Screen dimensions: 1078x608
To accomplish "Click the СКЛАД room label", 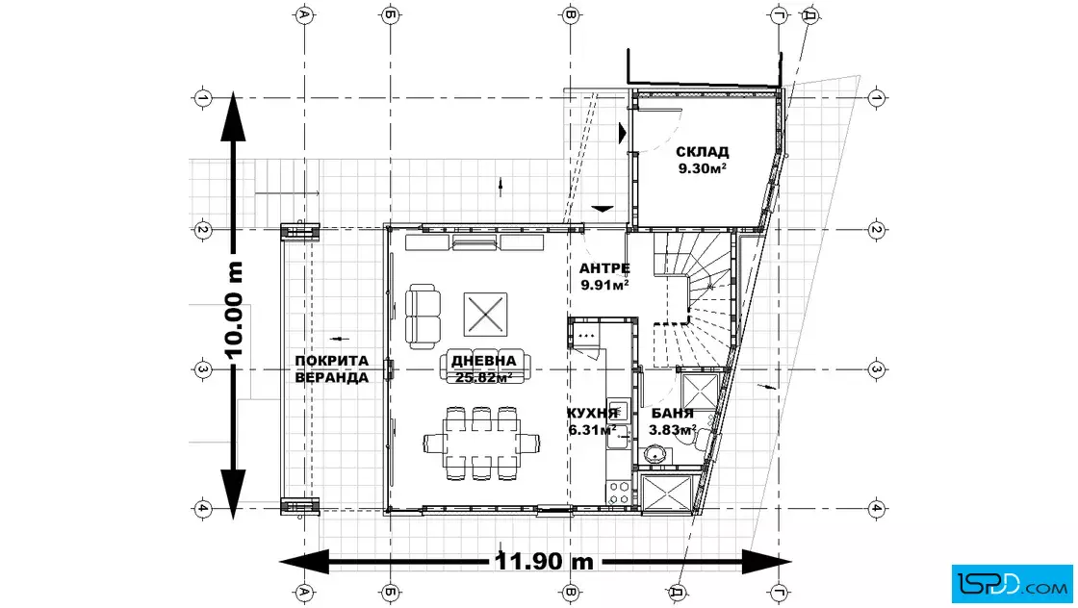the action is coord(702,152).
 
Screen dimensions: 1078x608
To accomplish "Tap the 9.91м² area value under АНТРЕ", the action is coord(605,285).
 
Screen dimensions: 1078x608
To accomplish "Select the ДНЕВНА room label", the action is coord(483,362).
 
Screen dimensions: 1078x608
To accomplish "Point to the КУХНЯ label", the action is coord(592,413).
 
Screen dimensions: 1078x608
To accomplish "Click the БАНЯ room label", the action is coord(673,414).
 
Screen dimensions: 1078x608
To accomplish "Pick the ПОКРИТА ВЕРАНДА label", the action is coord(332,368).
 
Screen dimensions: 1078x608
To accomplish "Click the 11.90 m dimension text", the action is coord(545,561).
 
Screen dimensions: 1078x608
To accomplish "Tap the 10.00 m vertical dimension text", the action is coord(235,310).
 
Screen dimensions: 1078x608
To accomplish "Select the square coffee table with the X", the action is coord(485,315).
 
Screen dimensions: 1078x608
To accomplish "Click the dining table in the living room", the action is coord(481,443).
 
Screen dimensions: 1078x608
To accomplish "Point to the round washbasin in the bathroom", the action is coord(654,454).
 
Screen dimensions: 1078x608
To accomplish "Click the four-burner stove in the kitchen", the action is coord(619,492).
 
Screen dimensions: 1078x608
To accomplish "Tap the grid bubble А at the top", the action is coord(304,14).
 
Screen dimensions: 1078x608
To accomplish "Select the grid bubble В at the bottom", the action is coord(570,592).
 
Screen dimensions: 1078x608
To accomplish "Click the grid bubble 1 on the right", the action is coord(876,98).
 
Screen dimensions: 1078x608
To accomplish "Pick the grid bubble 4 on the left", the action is coord(202,509).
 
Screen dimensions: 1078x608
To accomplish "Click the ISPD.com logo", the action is coord(1012,584).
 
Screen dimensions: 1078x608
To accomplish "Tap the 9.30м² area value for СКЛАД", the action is coord(702,169).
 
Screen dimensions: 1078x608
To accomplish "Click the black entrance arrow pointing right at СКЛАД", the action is coord(622,133).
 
